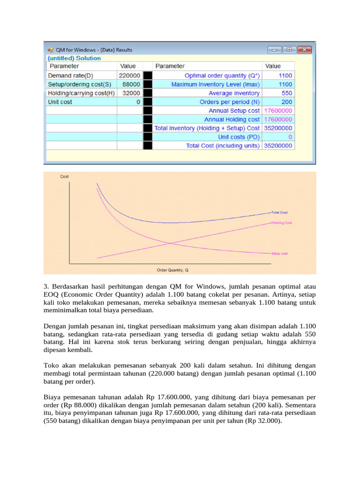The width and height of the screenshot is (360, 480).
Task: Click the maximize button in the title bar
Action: pyautogui.click(x=289, y=50)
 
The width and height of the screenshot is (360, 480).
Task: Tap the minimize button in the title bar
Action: pyautogui.click(x=275, y=50)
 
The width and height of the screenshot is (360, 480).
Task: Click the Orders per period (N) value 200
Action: pyautogui.click(x=286, y=102)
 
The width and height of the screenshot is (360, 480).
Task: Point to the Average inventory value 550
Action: pyautogui.click(x=286, y=93)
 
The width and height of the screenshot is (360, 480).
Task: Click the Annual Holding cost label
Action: pyautogui.click(x=232, y=120)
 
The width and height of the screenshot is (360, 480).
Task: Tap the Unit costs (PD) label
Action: pyautogui.click(x=239, y=137)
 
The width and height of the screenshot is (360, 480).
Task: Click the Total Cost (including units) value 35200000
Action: pyautogui.click(x=278, y=146)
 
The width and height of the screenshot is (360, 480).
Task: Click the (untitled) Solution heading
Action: pyautogui.click(x=74, y=58)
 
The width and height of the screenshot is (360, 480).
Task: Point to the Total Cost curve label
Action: pyautogui.click(x=280, y=212)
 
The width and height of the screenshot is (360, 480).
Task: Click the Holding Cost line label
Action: pyautogui.click(x=281, y=223)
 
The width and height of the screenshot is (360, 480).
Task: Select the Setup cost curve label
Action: pyautogui.click(x=279, y=253)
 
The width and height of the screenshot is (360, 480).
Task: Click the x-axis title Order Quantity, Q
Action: pyautogui.click(x=172, y=270)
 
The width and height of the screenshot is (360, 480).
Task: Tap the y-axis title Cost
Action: pyautogui.click(x=64, y=177)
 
